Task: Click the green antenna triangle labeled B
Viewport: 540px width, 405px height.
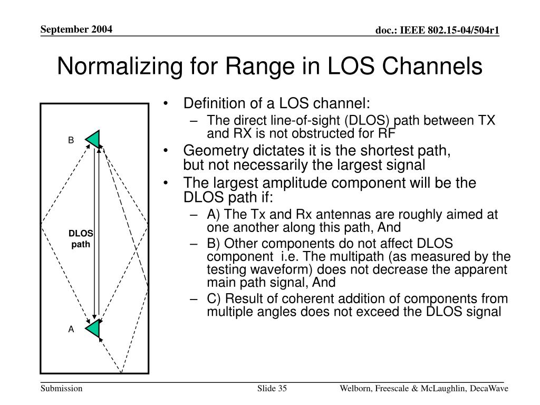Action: pyautogui.click(x=94, y=139)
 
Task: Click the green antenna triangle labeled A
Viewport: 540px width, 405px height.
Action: pyautogui.click(x=94, y=328)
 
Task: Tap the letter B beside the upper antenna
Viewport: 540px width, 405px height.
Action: pyautogui.click(x=71, y=140)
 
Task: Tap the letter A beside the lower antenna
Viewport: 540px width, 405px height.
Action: pyautogui.click(x=71, y=329)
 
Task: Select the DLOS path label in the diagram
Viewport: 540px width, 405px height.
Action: pyautogui.click(x=81, y=239)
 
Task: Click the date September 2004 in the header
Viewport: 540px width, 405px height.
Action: pyautogui.click(x=77, y=30)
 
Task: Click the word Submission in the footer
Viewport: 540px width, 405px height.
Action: pyautogui.click(x=61, y=389)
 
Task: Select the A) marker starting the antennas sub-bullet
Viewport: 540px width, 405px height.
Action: pyautogui.click(x=213, y=215)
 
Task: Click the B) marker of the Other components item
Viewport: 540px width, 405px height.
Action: pyautogui.click(x=213, y=244)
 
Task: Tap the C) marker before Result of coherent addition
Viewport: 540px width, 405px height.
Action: pyautogui.click(x=213, y=298)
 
